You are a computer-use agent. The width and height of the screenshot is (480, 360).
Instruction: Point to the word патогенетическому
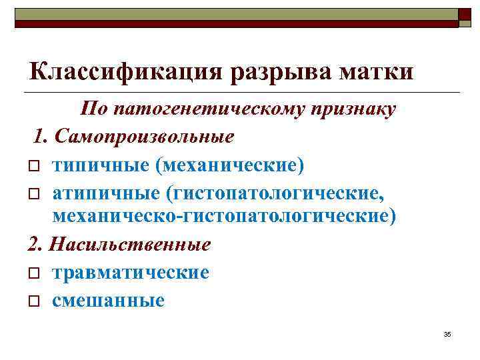(x=219, y=109)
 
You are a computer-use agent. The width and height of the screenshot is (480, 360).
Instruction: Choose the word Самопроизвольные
(x=145, y=137)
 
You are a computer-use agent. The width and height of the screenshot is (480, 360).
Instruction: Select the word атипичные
(x=107, y=193)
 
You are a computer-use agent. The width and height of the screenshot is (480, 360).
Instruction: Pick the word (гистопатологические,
(x=275, y=193)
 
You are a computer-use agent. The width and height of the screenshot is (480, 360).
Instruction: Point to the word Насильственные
(x=127, y=245)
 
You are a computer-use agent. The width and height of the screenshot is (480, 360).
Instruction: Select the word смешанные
(x=108, y=300)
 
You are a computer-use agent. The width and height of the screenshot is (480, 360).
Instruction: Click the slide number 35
(x=447, y=333)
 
